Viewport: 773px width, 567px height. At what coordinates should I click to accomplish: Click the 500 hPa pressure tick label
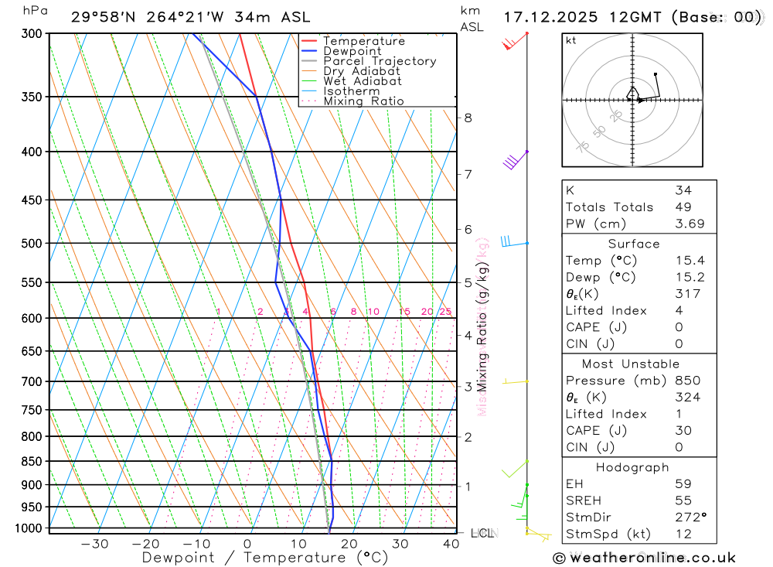pyautogui.click(x=32, y=243)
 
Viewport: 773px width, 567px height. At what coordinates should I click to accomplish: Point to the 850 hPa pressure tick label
pyautogui.click(x=32, y=461)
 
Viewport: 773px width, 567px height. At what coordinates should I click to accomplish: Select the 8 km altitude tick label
pyautogui.click(x=468, y=118)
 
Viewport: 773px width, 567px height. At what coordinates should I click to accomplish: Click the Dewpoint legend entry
pyautogui.click(x=352, y=51)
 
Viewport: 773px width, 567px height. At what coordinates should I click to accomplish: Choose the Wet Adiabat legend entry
pyautogui.click(x=362, y=81)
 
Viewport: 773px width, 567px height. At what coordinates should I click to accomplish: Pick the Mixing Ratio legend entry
pyautogui.click(x=363, y=101)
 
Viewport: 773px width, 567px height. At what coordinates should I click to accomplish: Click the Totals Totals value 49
pyautogui.click(x=683, y=207)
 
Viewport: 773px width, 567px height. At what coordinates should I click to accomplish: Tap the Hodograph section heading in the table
pyautogui.click(x=632, y=467)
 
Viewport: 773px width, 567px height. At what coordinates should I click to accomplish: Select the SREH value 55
pyautogui.click(x=683, y=500)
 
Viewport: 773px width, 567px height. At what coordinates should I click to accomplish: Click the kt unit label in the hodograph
pyautogui.click(x=571, y=41)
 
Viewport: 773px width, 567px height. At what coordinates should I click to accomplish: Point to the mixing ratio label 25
pyautogui.click(x=445, y=312)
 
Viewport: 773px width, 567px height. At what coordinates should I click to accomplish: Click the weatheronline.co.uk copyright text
pyautogui.click(x=644, y=558)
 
